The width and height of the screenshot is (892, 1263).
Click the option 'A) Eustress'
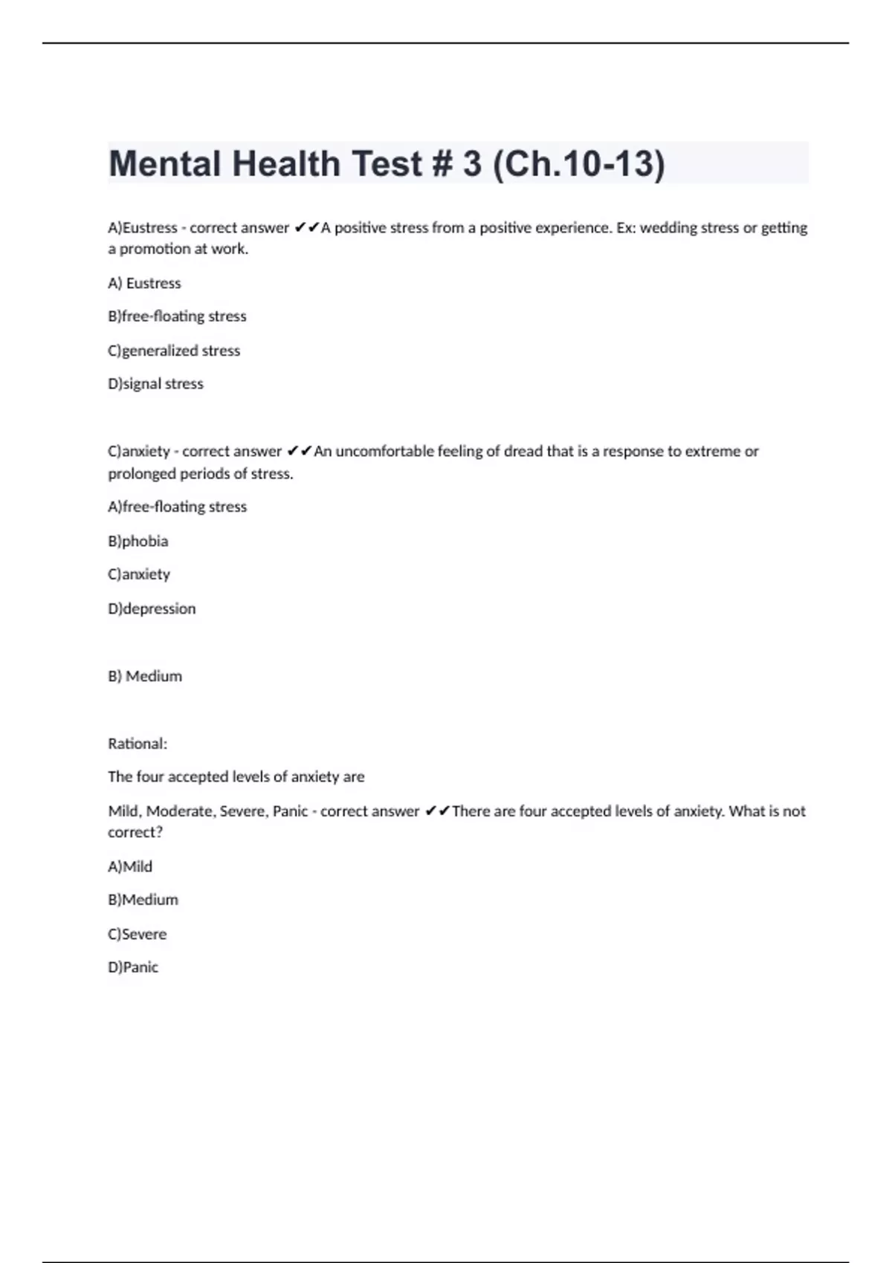coord(144,283)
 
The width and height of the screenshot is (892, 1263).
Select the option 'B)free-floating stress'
coord(177,316)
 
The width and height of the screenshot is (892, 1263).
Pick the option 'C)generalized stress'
coord(174,351)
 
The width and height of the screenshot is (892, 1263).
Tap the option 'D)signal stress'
coord(155,384)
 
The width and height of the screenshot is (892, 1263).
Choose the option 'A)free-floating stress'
coord(177,507)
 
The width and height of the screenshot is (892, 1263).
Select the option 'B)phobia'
coord(138,541)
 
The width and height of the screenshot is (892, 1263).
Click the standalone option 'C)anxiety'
coord(139,574)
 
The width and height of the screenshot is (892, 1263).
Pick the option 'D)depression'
coord(152,608)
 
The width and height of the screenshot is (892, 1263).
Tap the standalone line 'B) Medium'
coord(145,676)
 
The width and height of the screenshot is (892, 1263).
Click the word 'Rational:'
coord(138,744)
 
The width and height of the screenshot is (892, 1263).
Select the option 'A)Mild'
coord(130,866)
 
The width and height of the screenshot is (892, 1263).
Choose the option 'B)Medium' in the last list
coord(143,900)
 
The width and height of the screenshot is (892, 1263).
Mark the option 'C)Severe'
coord(137,934)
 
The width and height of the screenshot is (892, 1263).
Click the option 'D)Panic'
coord(133,967)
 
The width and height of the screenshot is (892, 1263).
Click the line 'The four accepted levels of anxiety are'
coord(236,777)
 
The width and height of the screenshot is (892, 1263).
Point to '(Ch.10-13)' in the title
coord(578,163)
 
